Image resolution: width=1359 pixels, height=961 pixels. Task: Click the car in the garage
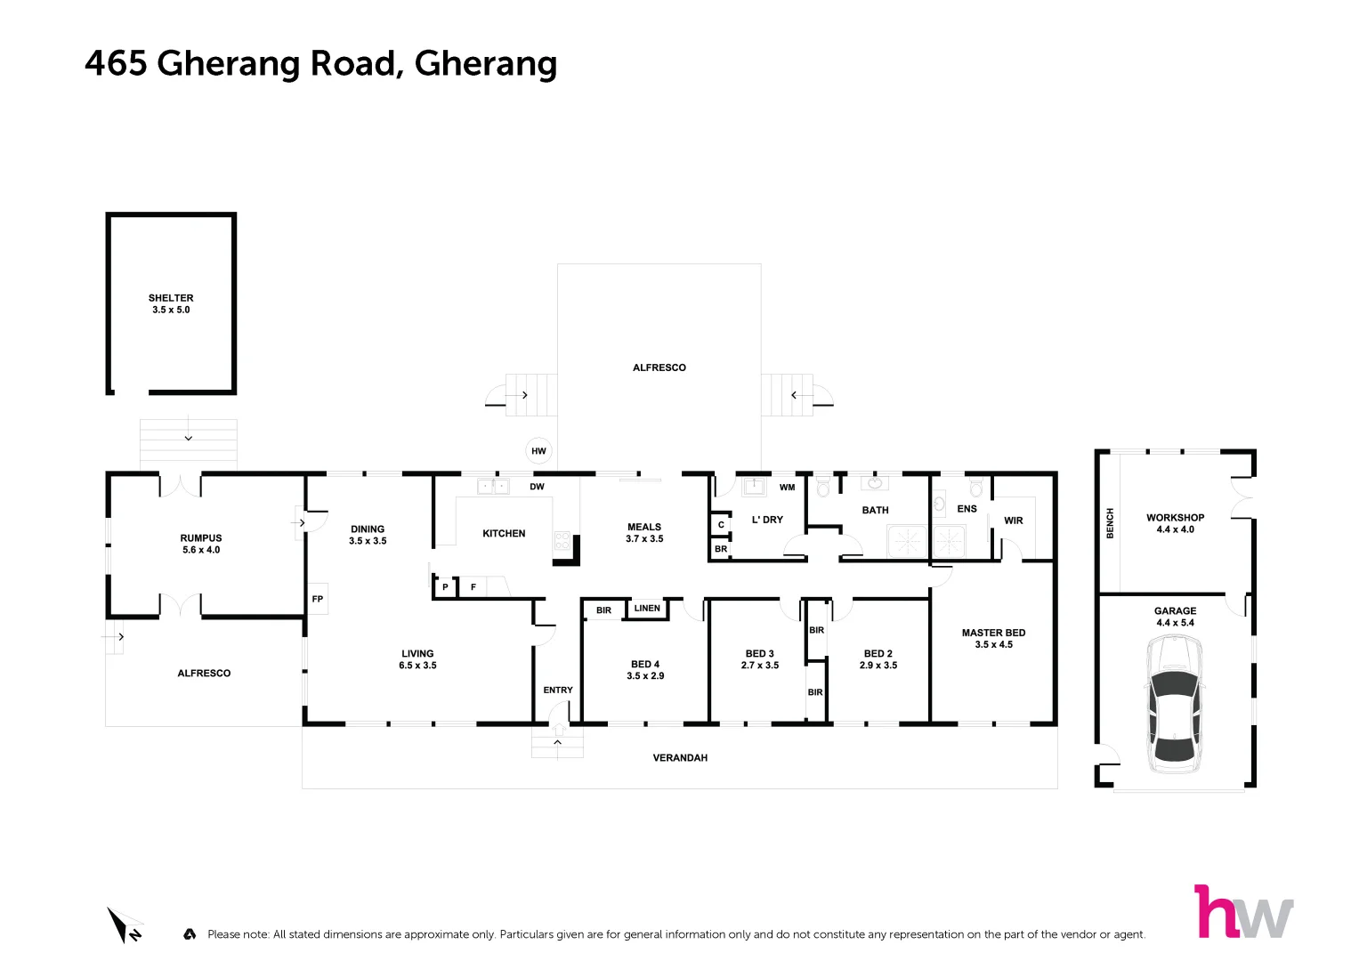pyautogui.click(x=1175, y=705)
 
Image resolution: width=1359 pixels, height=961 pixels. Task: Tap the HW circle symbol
pyautogui.click(x=538, y=451)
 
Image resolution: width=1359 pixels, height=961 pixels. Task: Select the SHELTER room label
pyautogui.click(x=171, y=298)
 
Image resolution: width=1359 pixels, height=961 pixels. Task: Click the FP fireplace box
pyautogui.click(x=318, y=599)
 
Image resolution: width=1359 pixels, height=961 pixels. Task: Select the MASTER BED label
pyautogui.click(x=993, y=633)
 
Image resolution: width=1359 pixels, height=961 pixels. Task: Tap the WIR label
pyautogui.click(x=1013, y=521)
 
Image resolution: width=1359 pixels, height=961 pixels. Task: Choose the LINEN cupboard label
pyautogui.click(x=647, y=609)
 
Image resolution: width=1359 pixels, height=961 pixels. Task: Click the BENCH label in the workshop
pyautogui.click(x=1110, y=523)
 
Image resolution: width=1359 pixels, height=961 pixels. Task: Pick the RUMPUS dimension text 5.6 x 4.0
pyautogui.click(x=201, y=550)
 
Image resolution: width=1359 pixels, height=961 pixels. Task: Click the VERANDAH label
pyautogui.click(x=680, y=758)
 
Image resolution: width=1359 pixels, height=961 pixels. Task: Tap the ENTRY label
pyautogui.click(x=558, y=690)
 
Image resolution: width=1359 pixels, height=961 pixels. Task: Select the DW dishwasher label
pyautogui.click(x=537, y=487)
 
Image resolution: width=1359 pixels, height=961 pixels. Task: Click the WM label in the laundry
pyautogui.click(x=787, y=488)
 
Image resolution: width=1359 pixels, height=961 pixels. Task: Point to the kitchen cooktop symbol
pyautogui.click(x=562, y=540)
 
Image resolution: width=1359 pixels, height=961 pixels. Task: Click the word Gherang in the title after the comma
pyautogui.click(x=486, y=64)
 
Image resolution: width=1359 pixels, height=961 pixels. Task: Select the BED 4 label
pyautogui.click(x=645, y=664)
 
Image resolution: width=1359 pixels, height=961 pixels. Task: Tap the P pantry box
pyautogui.click(x=445, y=587)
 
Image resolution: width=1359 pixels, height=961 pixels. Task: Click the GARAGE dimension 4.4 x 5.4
pyautogui.click(x=1175, y=623)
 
